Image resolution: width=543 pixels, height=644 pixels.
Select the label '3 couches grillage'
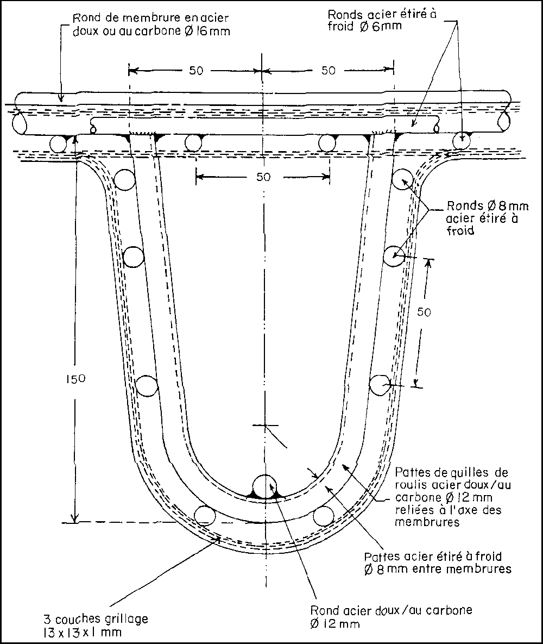96,619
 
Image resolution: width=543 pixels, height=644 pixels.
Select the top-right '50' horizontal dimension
328,71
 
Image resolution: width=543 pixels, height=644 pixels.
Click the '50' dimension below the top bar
263,177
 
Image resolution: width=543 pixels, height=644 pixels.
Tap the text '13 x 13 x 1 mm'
83,632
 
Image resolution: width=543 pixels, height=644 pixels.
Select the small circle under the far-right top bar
462,140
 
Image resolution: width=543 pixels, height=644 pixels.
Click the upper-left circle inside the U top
124,180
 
